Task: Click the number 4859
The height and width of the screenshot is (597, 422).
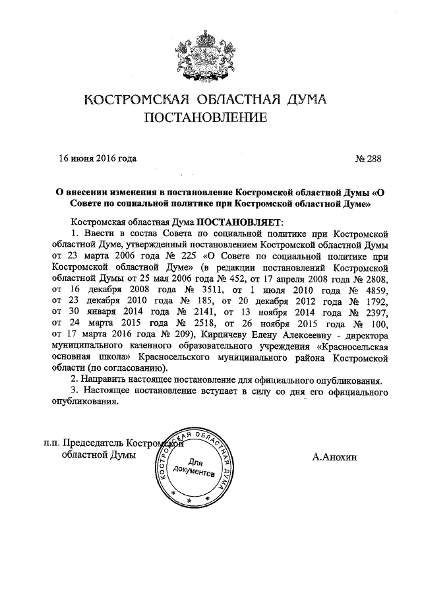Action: click(373, 290)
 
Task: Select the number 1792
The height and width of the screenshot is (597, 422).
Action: click(373, 302)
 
